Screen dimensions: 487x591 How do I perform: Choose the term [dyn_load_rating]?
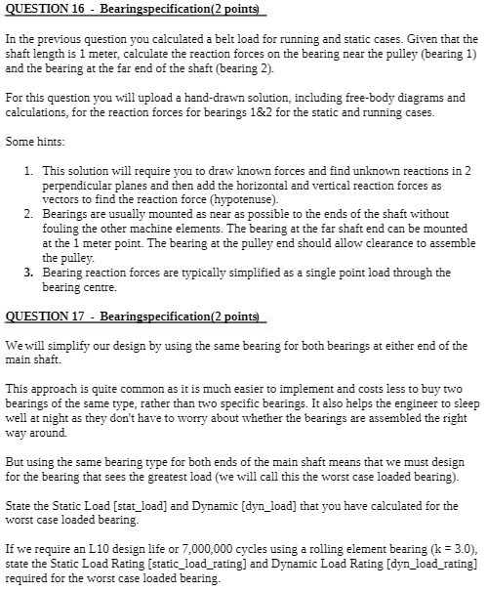pos(429,564)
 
